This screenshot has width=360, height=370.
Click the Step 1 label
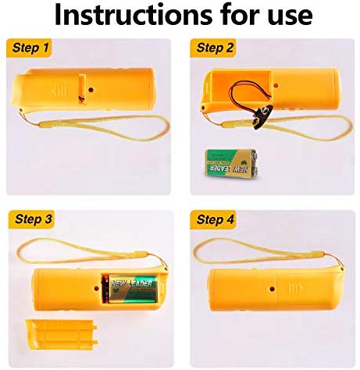[30, 48]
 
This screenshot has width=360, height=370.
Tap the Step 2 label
[215, 48]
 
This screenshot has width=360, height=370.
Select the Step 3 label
[33, 219]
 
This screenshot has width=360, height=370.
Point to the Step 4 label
[215, 219]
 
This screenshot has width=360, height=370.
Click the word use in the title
[290, 17]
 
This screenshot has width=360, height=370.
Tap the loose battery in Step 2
[231, 163]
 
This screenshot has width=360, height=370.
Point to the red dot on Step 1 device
[91, 90]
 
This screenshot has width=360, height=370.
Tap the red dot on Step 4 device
[273, 289]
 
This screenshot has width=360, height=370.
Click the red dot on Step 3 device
[97, 288]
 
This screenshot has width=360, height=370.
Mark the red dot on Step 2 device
[276, 85]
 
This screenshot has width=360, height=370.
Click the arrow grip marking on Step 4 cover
[295, 288]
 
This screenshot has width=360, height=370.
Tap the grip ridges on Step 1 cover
[59, 91]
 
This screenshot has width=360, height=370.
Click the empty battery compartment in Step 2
[238, 87]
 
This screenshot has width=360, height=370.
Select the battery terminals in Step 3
[105, 288]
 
